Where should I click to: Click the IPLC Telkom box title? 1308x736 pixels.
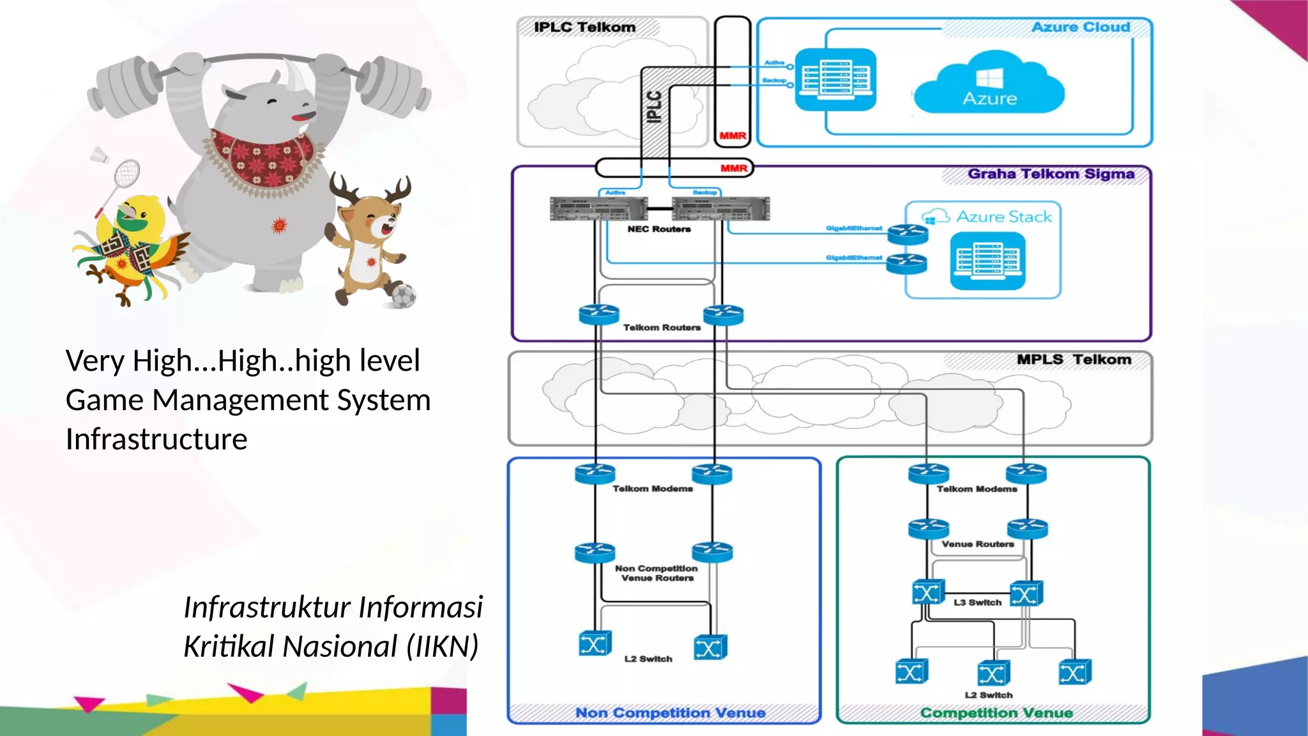point(584,27)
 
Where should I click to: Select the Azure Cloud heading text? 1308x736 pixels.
point(1081,27)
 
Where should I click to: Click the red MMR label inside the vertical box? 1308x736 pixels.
point(733,135)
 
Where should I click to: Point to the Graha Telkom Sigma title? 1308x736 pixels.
point(1051,174)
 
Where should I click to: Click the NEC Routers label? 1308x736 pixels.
point(658,229)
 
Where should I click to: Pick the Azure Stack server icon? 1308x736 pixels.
point(987,261)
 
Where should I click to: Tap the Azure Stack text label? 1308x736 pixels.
point(1003,217)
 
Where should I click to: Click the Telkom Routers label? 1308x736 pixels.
point(662,327)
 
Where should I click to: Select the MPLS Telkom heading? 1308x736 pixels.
point(1074,360)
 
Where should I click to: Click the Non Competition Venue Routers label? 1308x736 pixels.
point(657,572)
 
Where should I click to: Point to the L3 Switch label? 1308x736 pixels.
point(977,602)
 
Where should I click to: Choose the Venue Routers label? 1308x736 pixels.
point(977,544)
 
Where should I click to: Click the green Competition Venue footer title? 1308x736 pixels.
point(996,712)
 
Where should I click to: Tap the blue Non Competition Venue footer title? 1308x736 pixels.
point(670,712)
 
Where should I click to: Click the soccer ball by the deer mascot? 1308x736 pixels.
point(404,296)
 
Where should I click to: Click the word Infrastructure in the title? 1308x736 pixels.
point(156,440)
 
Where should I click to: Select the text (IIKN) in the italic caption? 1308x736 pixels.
point(443,646)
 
